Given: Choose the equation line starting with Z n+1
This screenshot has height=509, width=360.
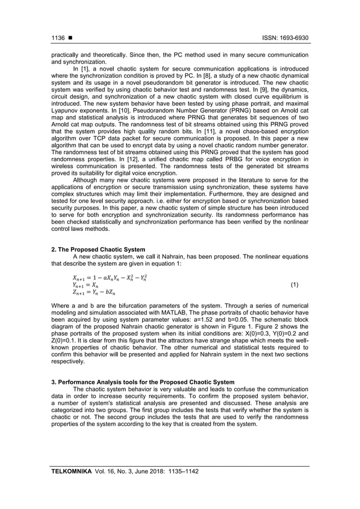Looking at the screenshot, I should click(x=94, y=293).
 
